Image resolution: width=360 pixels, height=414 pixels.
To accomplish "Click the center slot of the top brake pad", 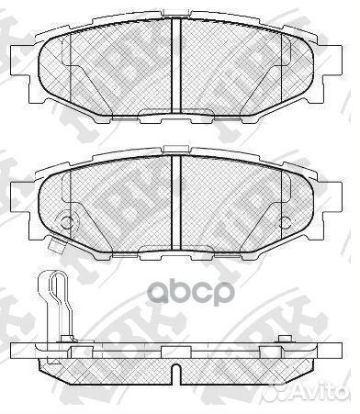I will click(x=176, y=69).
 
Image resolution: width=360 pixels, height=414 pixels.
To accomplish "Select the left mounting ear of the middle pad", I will click(x=20, y=194).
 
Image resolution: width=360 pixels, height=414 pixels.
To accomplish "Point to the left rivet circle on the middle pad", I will click(x=64, y=221).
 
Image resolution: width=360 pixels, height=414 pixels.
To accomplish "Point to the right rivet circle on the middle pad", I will click(x=287, y=221).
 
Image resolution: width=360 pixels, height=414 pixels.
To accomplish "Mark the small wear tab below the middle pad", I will click(x=54, y=245).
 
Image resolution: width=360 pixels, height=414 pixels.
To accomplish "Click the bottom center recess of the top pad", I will click(x=176, y=114).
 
